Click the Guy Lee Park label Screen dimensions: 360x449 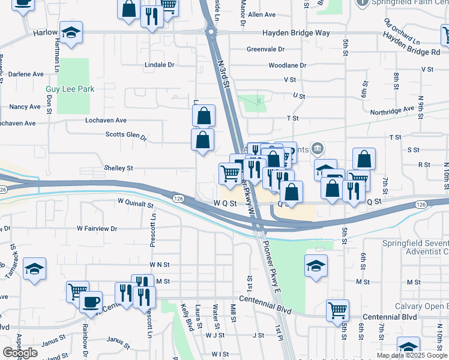point(70,89)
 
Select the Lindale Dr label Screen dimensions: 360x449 point(159,65)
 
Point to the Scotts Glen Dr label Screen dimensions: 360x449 point(126,135)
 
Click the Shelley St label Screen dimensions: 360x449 point(118,169)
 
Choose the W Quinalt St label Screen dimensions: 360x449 point(136,204)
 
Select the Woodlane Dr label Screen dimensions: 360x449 point(287,65)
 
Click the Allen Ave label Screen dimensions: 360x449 point(261,14)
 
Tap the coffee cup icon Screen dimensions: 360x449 point(91,302)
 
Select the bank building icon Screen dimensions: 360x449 point(318,148)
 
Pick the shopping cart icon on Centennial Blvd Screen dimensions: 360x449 point(337,310)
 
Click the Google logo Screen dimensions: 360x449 point(20,353)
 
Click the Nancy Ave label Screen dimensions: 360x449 point(25,107)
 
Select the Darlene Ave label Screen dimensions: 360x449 point(26,74)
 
